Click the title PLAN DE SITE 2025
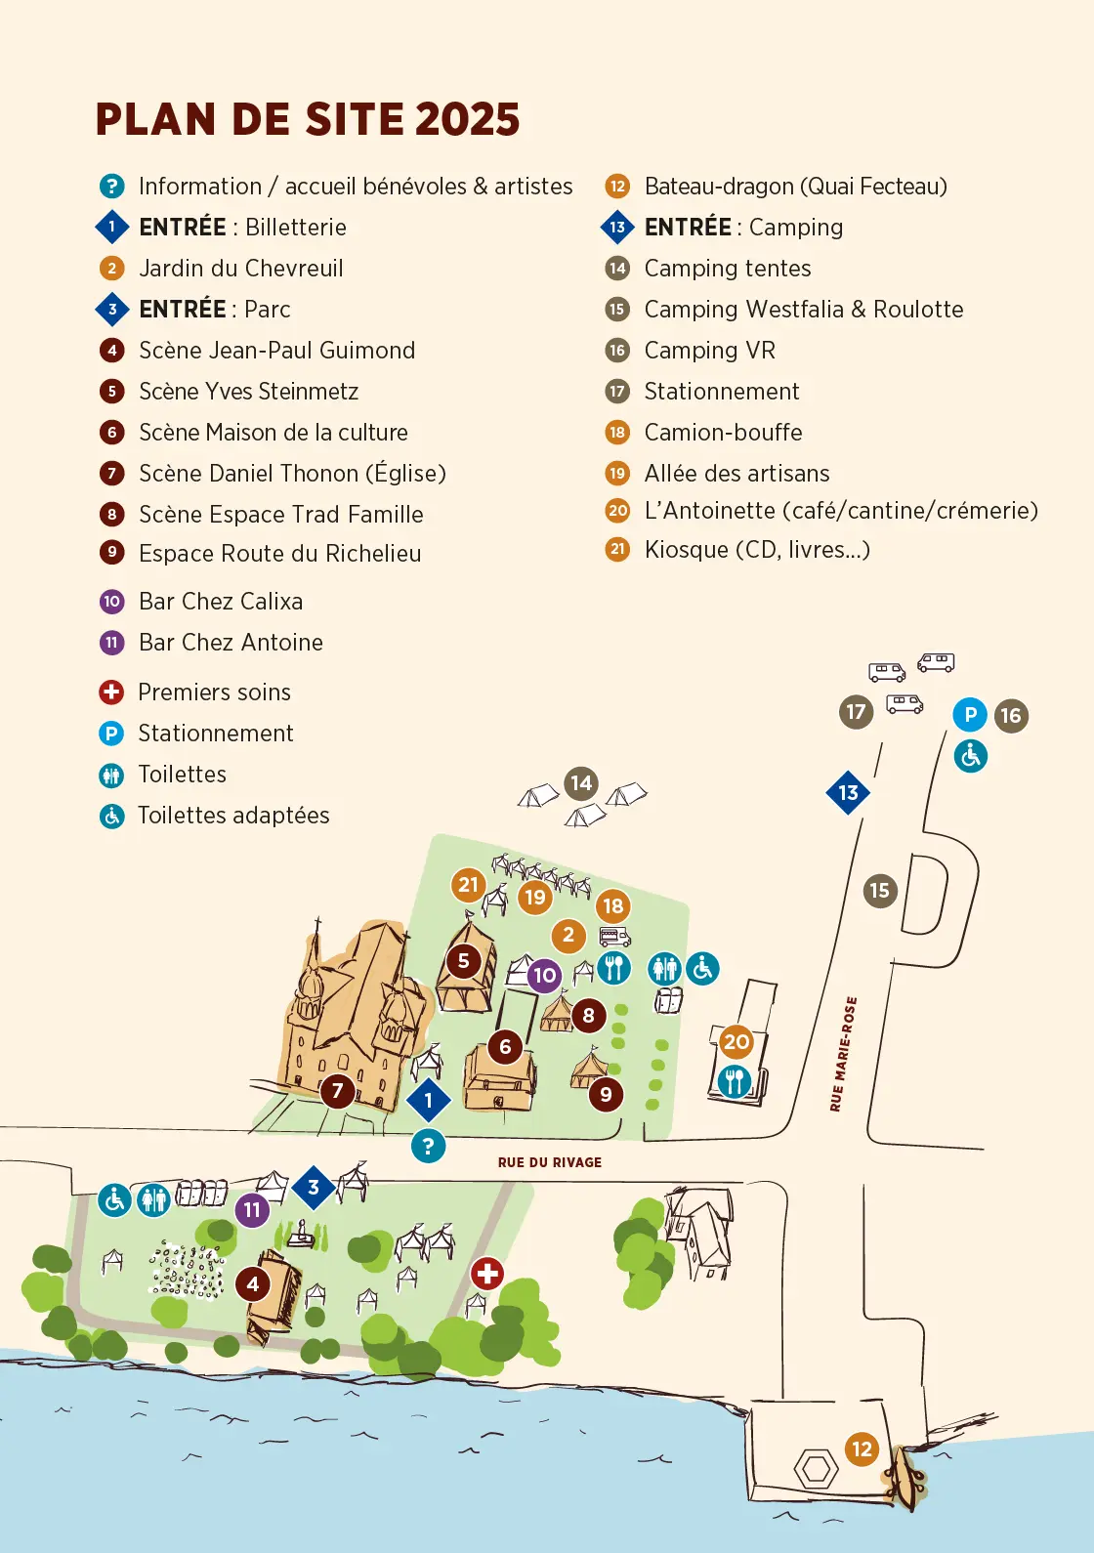[x=308, y=120]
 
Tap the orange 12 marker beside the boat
[x=862, y=1449]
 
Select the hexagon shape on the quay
[x=816, y=1469]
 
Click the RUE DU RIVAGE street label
[x=550, y=1162]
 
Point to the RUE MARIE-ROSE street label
[x=843, y=1054]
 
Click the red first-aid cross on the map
[x=487, y=1274]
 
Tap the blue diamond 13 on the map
[x=848, y=793]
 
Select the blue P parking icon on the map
[x=970, y=715]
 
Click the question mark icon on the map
[x=428, y=1146]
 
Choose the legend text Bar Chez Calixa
[x=221, y=602]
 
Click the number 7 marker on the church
[x=338, y=1090]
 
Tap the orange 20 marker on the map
[x=736, y=1042]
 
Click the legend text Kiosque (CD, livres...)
[x=757, y=550]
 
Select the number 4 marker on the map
[x=253, y=1283]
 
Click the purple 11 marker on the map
[x=252, y=1210]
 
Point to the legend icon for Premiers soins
[x=111, y=693]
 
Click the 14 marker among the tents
[x=581, y=782]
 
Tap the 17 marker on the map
[x=856, y=712]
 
